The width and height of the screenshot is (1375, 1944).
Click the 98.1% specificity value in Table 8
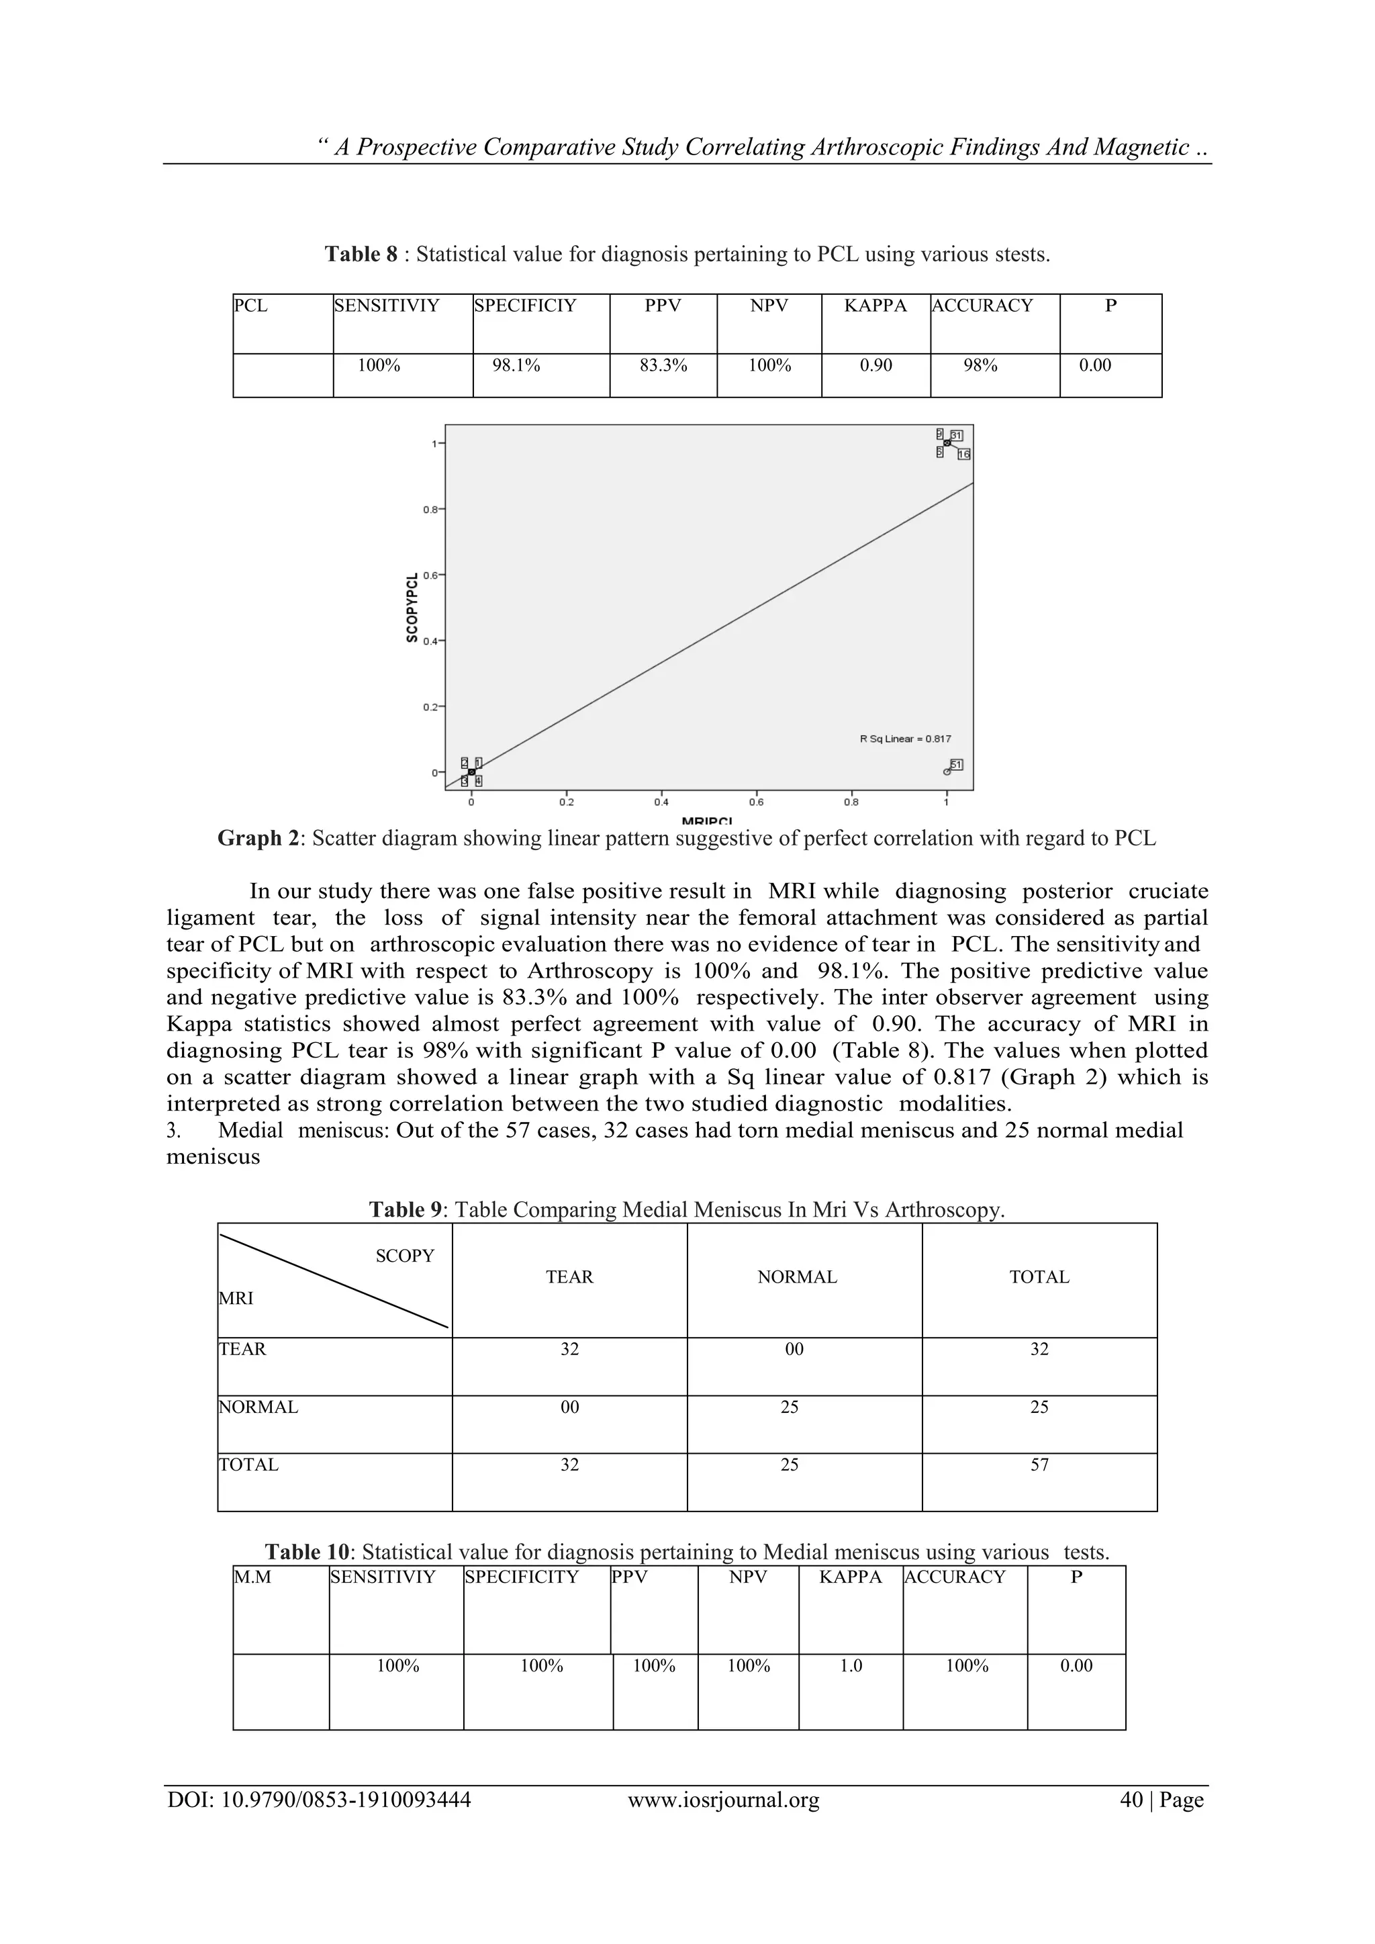[516, 366]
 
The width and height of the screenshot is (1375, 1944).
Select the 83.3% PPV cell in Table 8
[663, 366]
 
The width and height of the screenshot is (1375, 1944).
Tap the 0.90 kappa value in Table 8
[875, 366]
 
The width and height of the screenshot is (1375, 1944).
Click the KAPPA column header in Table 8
[875, 306]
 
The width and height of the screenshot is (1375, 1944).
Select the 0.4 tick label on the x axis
[661, 802]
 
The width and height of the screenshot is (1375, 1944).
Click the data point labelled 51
[947, 772]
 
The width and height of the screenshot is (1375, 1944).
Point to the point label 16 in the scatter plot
[963, 455]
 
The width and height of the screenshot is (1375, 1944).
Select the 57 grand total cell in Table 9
[1039, 1465]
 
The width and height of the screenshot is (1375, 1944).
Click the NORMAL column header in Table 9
[797, 1277]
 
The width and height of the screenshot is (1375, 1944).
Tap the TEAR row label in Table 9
[243, 1350]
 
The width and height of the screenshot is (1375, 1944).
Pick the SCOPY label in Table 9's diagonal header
[405, 1256]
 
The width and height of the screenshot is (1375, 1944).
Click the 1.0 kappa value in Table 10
[851, 1665]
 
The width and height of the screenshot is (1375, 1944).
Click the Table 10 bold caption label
[307, 1552]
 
